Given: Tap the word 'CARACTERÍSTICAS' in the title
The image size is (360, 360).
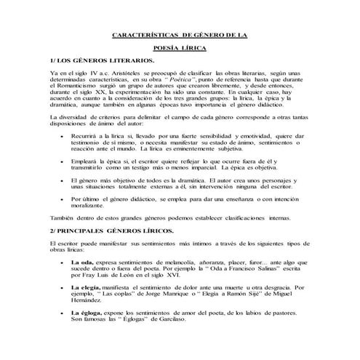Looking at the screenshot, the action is click(144, 34).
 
